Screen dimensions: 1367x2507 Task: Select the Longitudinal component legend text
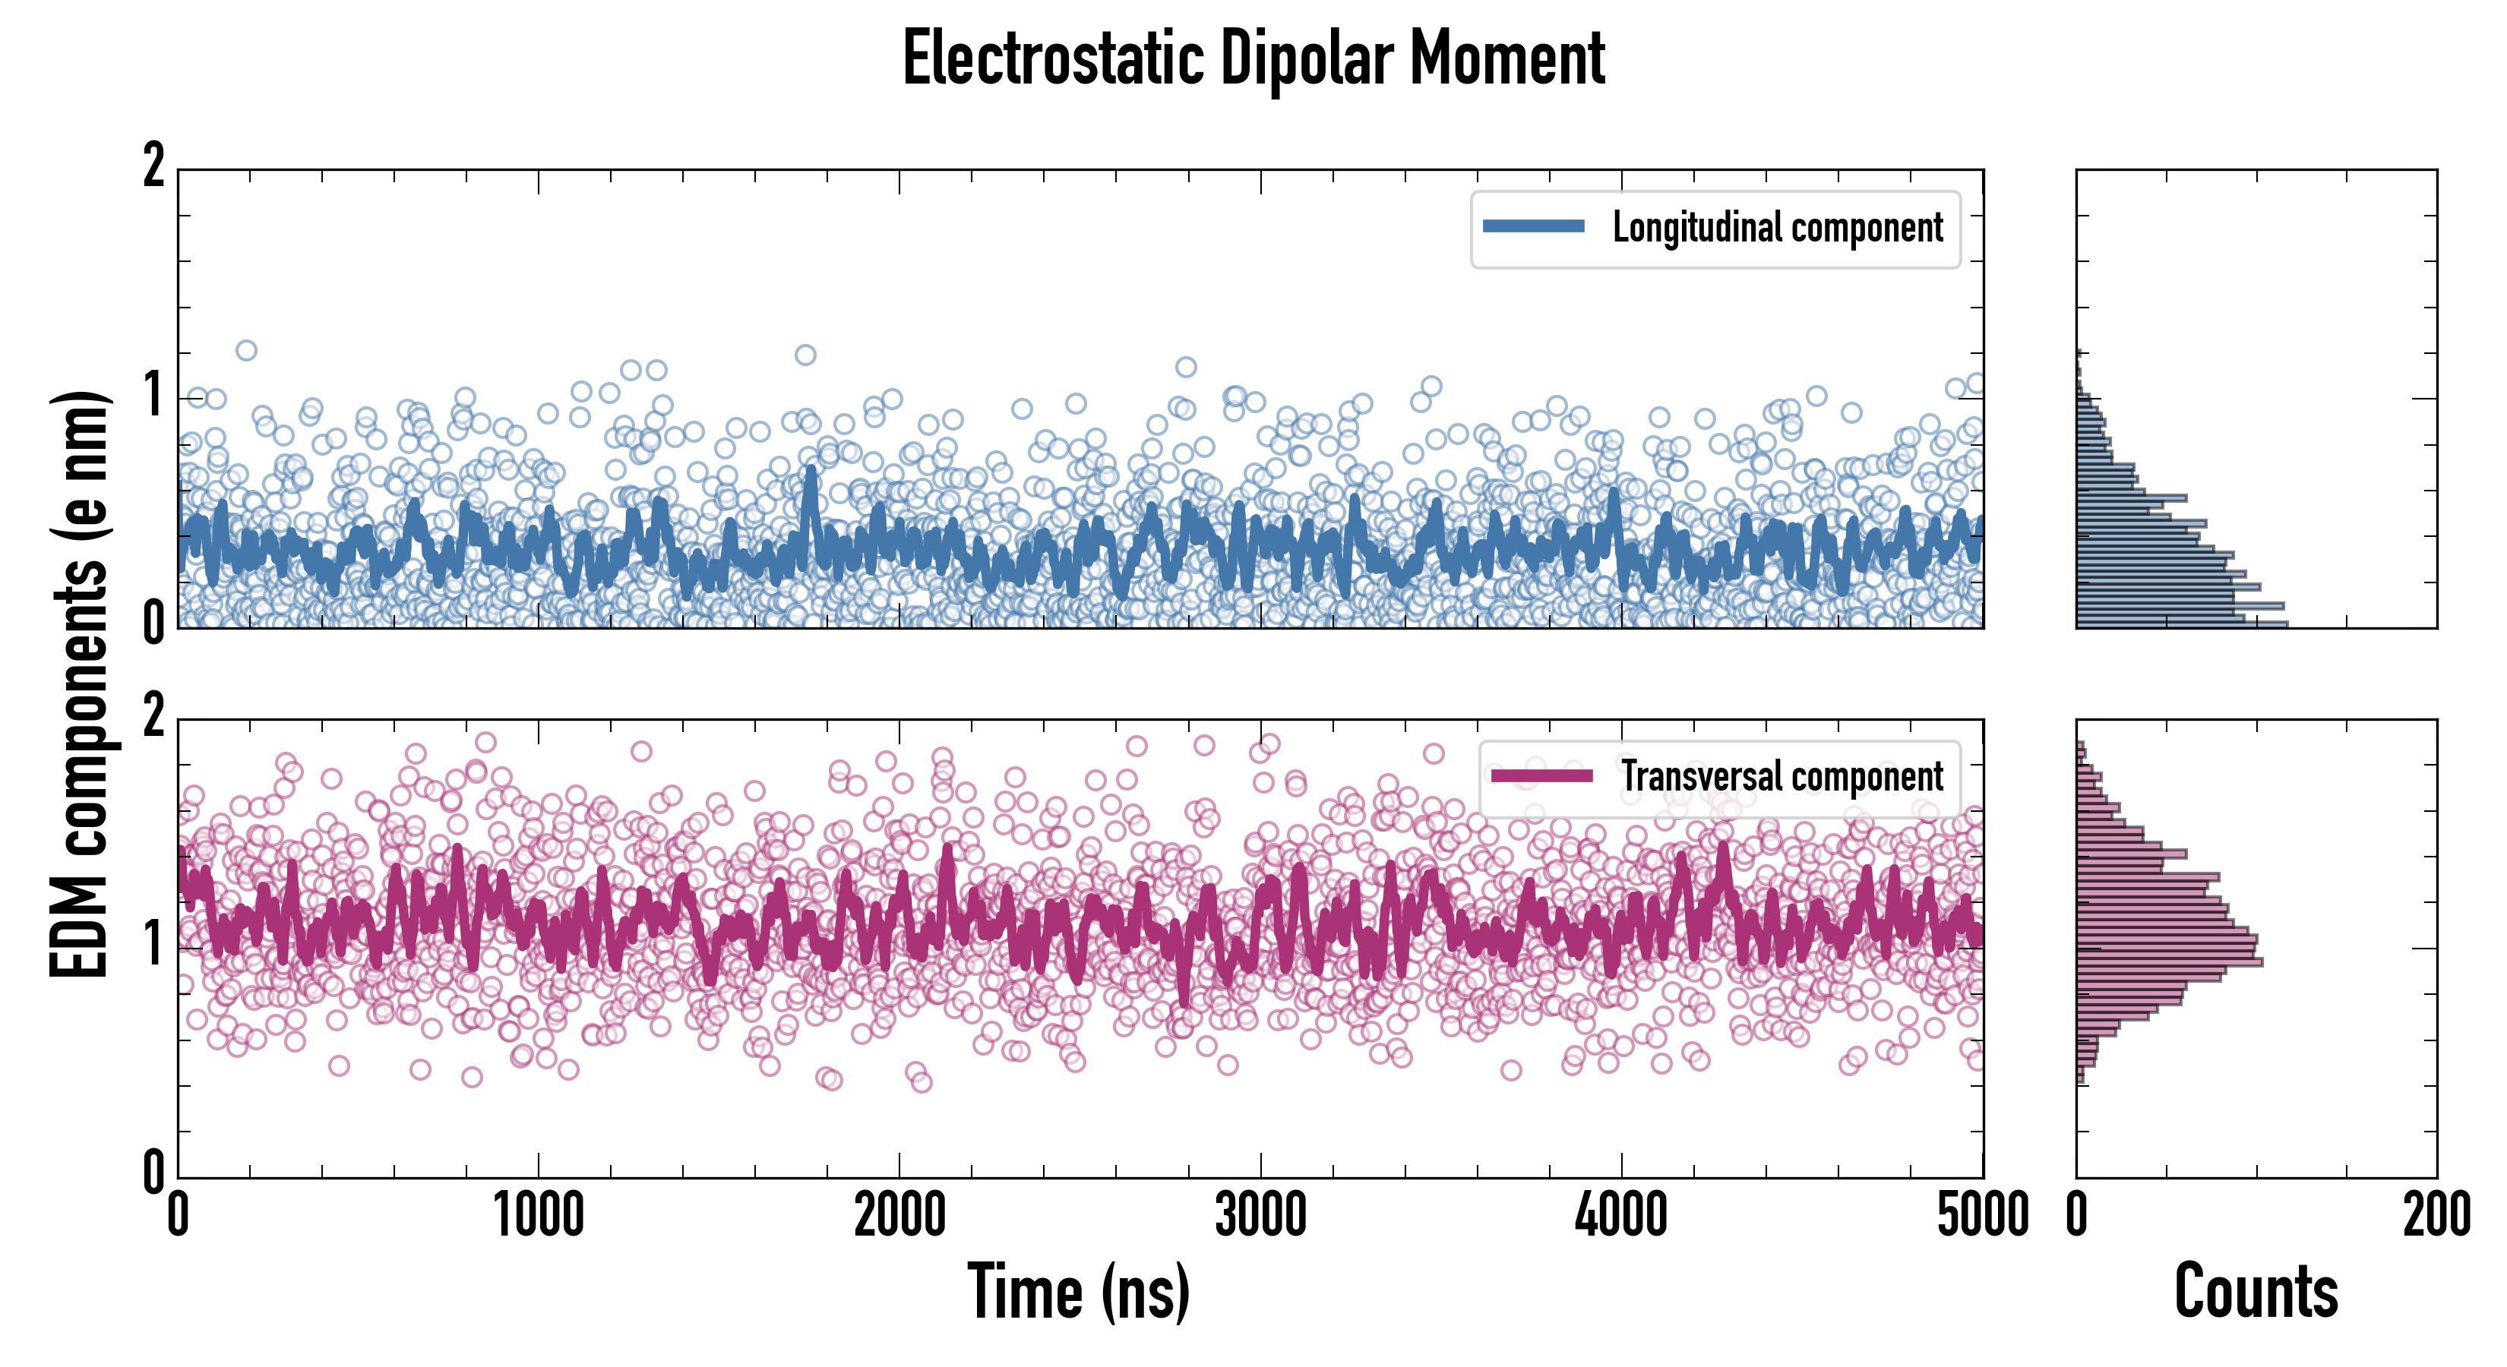pos(1777,228)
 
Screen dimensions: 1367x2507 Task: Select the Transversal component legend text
pos(1782,776)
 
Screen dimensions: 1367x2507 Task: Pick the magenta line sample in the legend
pos(1541,775)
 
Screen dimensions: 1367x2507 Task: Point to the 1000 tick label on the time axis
pos(538,1215)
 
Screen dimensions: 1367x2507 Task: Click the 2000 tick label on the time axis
pos(899,1215)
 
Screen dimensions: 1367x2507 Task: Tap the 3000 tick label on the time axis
pos(1260,1215)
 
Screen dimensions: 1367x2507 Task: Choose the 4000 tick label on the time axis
pos(1621,1215)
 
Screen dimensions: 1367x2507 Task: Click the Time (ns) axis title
pos(1078,1292)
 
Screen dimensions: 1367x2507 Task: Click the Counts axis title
pos(2256,1292)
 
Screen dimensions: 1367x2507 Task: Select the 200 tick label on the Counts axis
pos(2436,1215)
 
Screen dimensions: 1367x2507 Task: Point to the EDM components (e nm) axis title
pos(80,684)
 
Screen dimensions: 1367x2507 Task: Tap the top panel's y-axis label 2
pos(153,166)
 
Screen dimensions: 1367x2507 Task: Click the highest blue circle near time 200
pos(246,350)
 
